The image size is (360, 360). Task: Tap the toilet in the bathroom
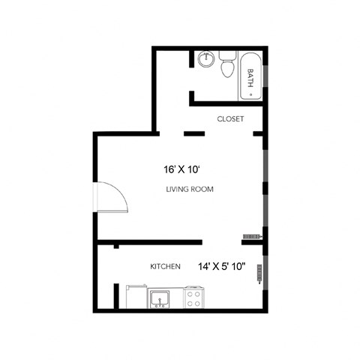pyautogui.click(x=227, y=66)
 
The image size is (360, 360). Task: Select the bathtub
pyautogui.click(x=250, y=76)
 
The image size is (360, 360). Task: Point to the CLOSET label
pyautogui.click(x=229, y=118)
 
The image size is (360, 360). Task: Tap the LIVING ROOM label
pyautogui.click(x=189, y=190)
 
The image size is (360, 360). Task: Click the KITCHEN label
pyautogui.click(x=165, y=266)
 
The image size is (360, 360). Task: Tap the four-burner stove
pyautogui.click(x=194, y=299)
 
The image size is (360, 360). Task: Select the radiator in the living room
pyautogui.click(x=250, y=237)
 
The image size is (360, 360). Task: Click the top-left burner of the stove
pyautogui.click(x=190, y=294)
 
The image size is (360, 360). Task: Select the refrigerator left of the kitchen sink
pyautogui.click(x=137, y=298)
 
